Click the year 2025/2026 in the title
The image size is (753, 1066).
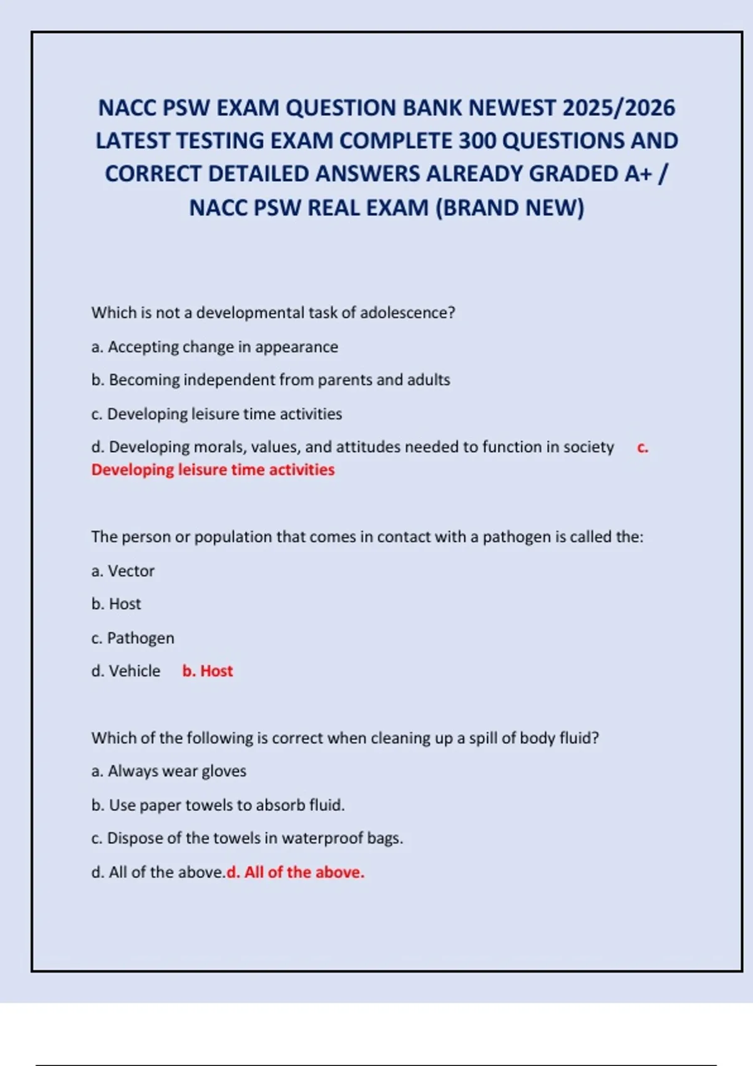[618, 108]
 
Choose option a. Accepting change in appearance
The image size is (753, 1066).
[215, 347]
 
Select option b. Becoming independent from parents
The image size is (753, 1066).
[270, 380]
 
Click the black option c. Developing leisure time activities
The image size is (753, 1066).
[216, 414]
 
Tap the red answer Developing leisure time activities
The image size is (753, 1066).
[213, 470]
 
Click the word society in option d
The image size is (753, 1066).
[588, 447]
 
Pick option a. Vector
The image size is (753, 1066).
[123, 571]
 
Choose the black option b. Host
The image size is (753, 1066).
[116, 604]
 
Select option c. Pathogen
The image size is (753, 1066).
[132, 638]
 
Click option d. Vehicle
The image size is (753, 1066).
[125, 671]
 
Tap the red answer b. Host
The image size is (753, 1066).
[208, 671]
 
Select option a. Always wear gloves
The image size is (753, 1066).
[169, 771]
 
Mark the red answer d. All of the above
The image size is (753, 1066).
[296, 872]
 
